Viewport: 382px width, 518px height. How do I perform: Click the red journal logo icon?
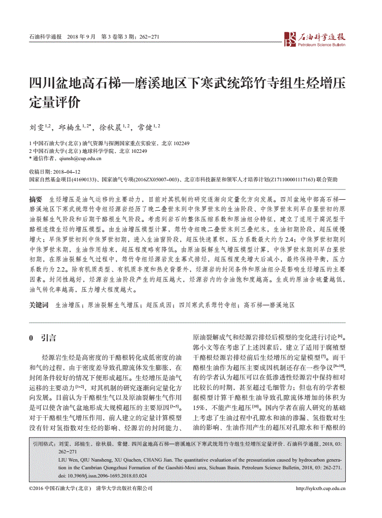click(290, 39)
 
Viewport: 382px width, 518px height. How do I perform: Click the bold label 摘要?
click(36, 199)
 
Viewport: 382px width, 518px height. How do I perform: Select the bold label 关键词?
click(39, 305)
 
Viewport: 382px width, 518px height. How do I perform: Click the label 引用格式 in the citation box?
click(44, 443)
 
